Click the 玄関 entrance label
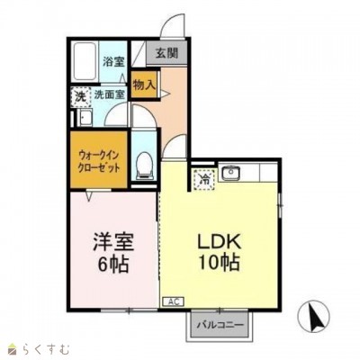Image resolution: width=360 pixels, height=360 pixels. [166, 53]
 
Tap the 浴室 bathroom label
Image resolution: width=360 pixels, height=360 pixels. [113, 61]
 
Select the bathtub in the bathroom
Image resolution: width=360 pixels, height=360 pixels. [85, 61]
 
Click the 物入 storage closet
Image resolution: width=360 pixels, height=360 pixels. [145, 85]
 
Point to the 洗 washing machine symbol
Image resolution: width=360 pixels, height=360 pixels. [80, 97]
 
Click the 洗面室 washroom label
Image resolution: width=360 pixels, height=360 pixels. [109, 94]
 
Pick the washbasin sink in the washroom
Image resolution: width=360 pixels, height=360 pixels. [85, 117]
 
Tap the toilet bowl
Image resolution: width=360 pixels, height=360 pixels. [144, 166]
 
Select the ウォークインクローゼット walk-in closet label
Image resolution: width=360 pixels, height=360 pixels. [99, 161]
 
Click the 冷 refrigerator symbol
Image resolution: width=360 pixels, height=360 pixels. [205, 179]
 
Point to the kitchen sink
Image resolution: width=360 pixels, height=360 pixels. [230, 172]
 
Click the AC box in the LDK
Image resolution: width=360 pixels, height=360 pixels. [173, 301]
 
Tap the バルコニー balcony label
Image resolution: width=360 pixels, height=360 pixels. [220, 325]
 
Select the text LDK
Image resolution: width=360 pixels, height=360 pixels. [219, 241]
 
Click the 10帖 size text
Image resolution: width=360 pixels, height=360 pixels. [219, 263]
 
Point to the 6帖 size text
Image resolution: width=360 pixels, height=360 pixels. [113, 264]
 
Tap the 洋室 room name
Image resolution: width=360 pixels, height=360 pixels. [113, 242]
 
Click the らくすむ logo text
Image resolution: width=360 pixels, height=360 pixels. [46, 350]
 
